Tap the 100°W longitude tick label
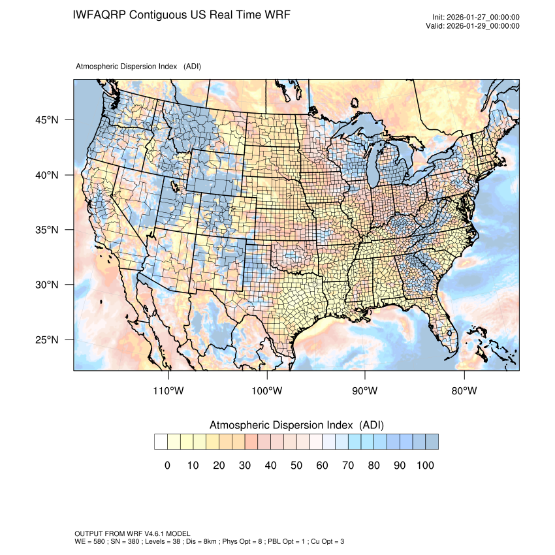(266, 391)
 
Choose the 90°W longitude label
(365, 391)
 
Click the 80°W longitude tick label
(464, 391)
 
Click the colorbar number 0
(167, 465)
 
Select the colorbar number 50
(296, 465)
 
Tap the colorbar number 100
(424, 465)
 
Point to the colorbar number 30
(245, 465)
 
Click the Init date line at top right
(476, 18)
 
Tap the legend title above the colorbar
(296, 425)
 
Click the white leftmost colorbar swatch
(161, 442)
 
